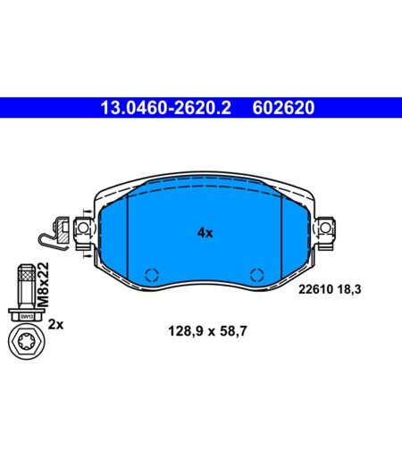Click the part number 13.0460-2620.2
point(165,107)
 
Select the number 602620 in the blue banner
point(283,107)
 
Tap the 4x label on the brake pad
point(205,233)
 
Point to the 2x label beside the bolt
point(55,325)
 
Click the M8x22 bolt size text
point(43,285)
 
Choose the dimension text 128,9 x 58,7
point(207,331)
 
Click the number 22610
point(315,289)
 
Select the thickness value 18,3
point(349,289)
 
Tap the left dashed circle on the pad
point(152,275)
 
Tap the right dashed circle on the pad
point(257,275)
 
